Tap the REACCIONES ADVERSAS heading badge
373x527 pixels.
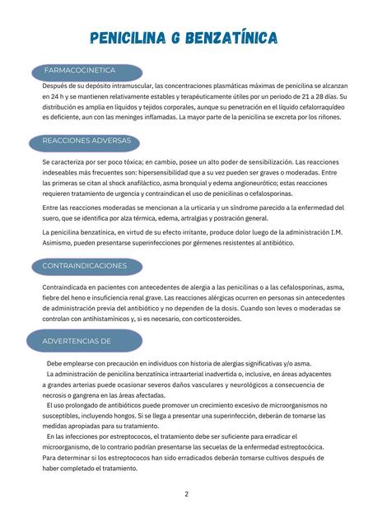pos(86,141)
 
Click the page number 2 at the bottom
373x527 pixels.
pos(186,494)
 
